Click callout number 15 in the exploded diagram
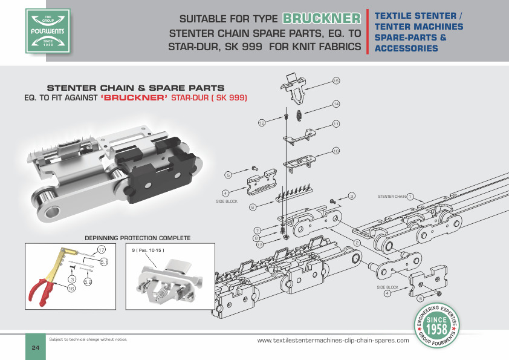336,80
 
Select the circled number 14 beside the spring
336,104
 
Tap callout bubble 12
262,123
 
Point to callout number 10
336,150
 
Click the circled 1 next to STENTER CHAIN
410,196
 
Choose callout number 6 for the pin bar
253,207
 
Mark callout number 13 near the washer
259,245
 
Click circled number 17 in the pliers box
102,249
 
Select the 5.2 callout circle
88,281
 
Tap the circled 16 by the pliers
71,289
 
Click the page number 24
35,348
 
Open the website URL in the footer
333,340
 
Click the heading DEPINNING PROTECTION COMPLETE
138,238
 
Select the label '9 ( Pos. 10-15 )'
148,249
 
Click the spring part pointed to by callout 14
299,114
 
